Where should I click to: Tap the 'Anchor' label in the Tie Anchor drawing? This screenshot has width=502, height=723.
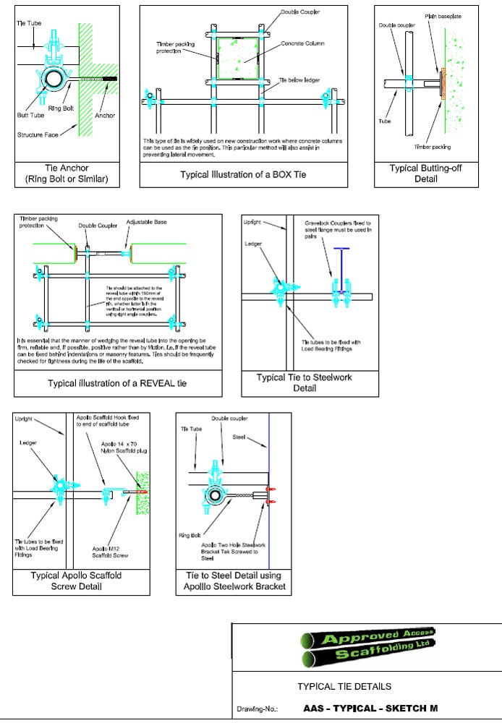(104, 115)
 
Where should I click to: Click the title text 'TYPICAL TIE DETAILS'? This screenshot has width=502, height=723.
(344, 686)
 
